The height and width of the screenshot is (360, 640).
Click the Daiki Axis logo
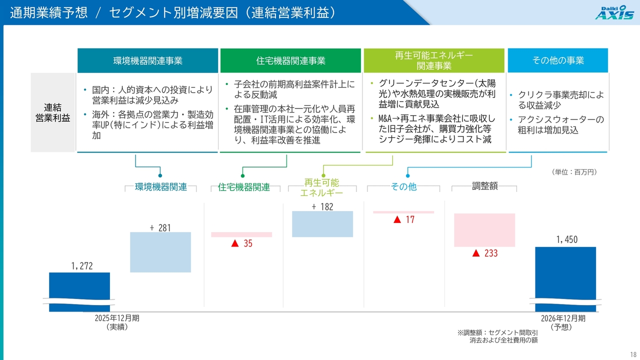coord(614,12)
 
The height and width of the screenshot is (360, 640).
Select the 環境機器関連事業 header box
coord(147,60)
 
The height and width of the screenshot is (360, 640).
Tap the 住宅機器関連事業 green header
coord(290,60)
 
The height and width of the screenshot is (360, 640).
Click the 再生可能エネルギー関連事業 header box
coord(434,60)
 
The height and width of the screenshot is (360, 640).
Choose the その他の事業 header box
coord(557,60)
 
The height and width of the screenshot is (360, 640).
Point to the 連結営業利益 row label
coord(53,112)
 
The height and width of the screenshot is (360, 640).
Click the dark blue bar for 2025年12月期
coord(79,292)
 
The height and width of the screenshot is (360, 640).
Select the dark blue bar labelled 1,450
coord(565,279)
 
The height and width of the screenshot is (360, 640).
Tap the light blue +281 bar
coord(160,252)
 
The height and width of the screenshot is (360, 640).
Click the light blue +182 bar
coord(322,224)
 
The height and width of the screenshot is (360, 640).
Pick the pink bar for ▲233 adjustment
coord(484,230)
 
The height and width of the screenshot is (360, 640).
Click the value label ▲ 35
coord(241,243)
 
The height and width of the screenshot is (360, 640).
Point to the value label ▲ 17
coord(403,219)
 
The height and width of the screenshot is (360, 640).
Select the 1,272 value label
coord(82,266)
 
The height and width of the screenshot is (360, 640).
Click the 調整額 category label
coord(484,186)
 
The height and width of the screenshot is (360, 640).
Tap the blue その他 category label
coord(403,187)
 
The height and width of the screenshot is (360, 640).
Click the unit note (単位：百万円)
coord(574,172)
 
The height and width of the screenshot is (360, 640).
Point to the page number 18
coord(633,354)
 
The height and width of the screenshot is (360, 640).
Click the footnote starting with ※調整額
coord(497,336)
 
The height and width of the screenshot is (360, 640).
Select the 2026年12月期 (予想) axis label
coord(563,322)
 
